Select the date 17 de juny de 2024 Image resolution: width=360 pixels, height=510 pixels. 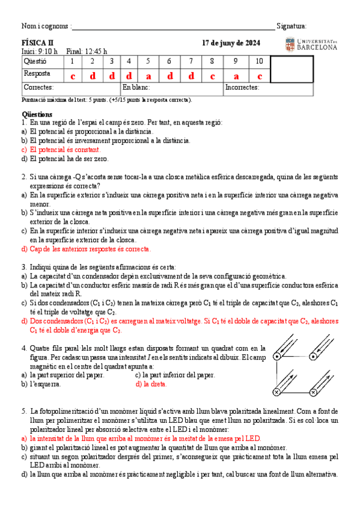(231, 43)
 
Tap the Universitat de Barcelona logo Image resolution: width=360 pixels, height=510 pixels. (311, 44)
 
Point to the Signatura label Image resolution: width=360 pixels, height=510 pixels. (291, 26)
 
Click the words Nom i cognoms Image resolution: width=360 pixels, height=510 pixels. (45, 26)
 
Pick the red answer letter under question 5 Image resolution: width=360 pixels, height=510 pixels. (148, 76)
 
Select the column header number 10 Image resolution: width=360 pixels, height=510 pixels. (259, 61)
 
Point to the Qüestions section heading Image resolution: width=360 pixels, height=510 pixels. (37, 114)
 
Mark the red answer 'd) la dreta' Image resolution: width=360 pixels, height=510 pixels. (151, 383)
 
